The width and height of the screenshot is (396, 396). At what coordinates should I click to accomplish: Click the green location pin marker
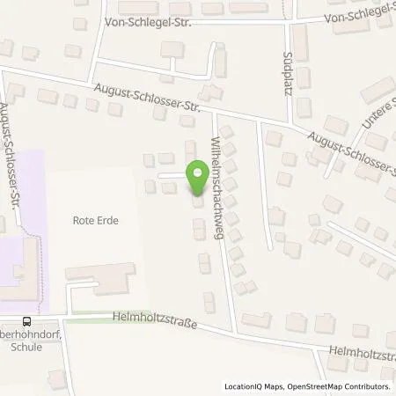click(196, 175)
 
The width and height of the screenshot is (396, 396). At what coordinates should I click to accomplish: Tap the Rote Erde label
click(96, 222)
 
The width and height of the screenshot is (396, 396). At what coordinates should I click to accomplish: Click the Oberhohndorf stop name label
click(19, 334)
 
